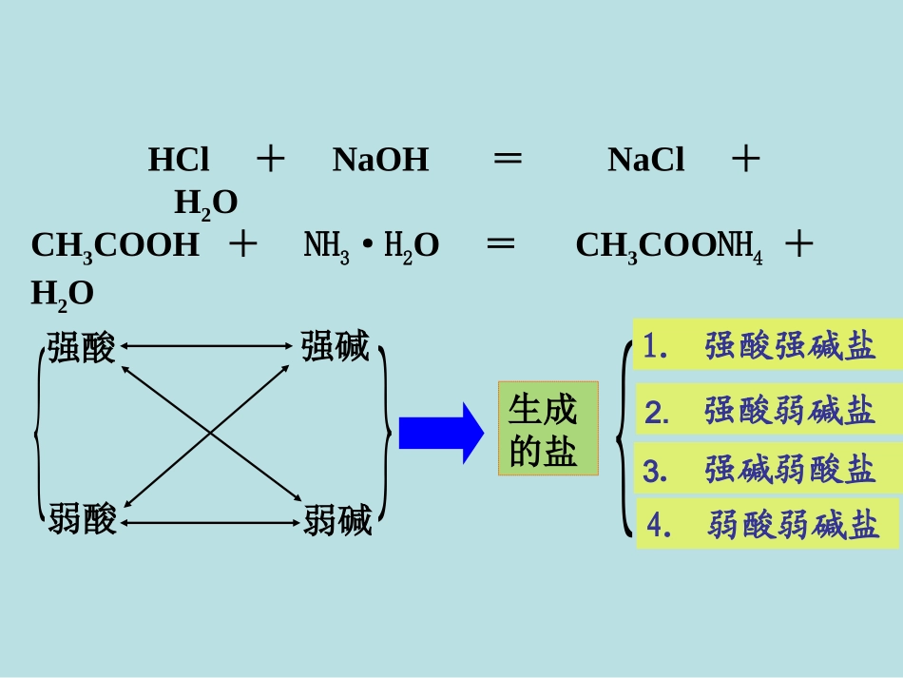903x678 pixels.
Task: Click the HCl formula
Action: click(179, 160)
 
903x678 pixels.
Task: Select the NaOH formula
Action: click(380, 160)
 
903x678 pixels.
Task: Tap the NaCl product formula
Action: click(646, 160)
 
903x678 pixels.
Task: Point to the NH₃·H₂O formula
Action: click(372, 247)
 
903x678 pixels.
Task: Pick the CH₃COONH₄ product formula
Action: click(669, 247)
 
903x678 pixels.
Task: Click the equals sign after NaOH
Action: click(508, 159)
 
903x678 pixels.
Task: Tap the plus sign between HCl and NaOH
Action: click(271, 159)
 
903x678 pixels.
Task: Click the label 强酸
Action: click(81, 347)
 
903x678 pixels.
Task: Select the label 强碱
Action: click(336, 346)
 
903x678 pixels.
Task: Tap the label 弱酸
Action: click(83, 518)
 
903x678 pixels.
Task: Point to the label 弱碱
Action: click(338, 520)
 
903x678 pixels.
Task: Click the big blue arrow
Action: click(442, 434)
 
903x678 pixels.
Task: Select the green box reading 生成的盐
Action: click(548, 429)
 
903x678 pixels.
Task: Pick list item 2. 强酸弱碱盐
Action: click(769, 409)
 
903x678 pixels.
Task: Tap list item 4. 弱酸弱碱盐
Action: click(768, 524)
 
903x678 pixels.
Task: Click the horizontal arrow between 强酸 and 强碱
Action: click(207, 346)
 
